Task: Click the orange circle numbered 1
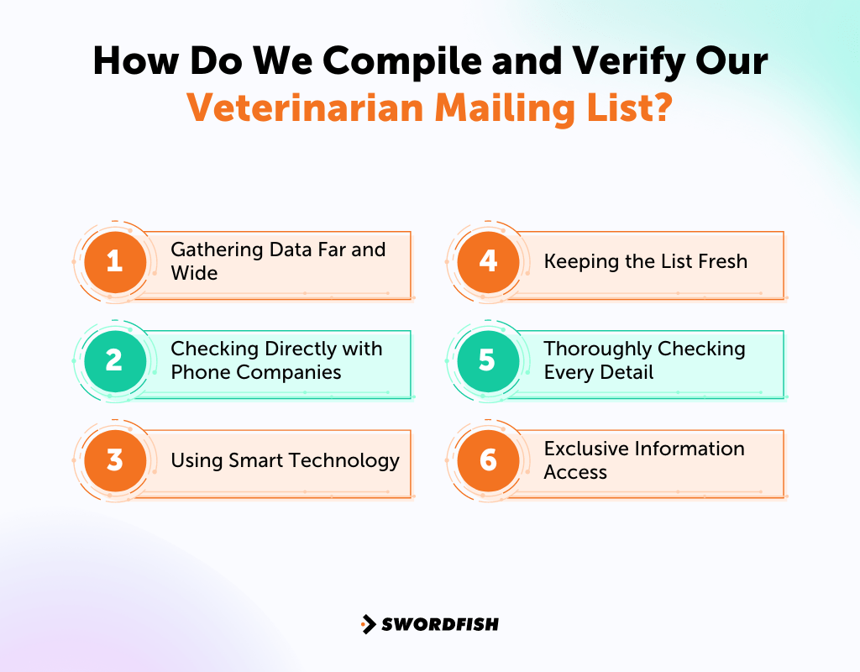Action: [115, 261]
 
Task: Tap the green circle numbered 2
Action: [115, 360]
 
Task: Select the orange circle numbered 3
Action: [115, 460]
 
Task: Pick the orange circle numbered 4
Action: [488, 261]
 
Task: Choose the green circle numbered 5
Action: [488, 360]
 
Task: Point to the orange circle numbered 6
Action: [488, 460]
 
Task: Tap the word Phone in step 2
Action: [199, 372]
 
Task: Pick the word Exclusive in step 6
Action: [585, 449]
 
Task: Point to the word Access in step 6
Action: [575, 472]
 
